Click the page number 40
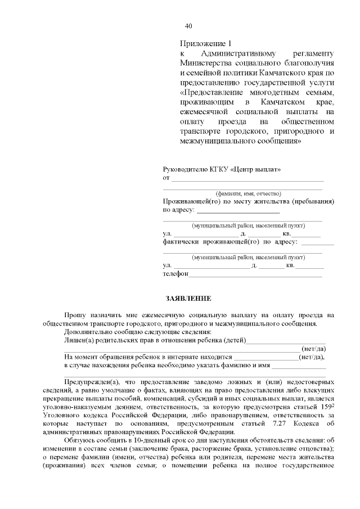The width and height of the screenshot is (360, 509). point(188,26)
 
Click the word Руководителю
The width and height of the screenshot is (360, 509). point(184,169)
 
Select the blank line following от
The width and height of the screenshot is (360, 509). point(247,179)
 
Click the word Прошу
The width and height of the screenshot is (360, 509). point(75,315)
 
